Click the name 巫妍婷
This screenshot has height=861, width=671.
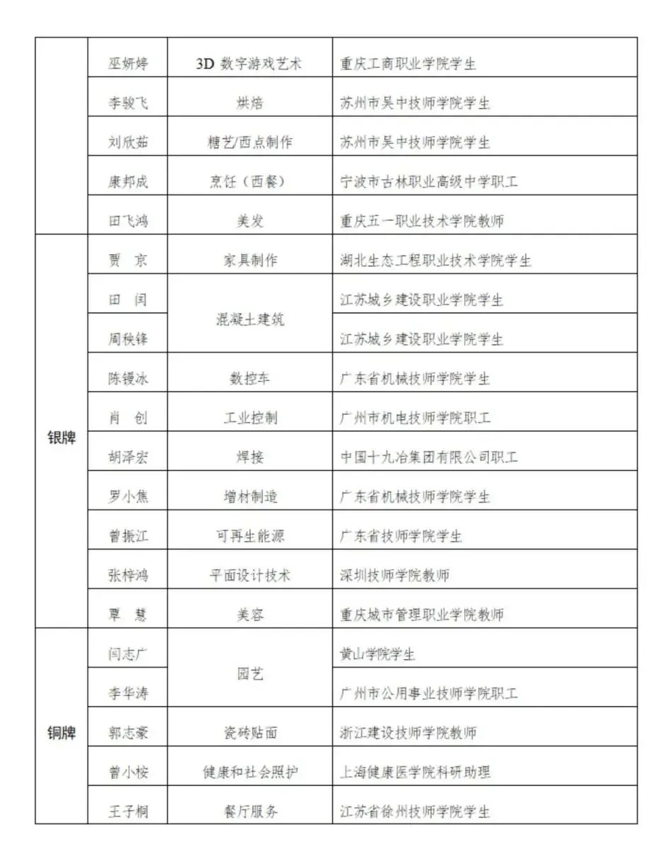point(128,64)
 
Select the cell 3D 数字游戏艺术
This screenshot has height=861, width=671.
point(249,64)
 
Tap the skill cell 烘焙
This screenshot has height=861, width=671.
point(249,103)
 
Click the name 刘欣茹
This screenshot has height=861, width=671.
point(128,142)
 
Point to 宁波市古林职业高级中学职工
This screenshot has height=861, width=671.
point(429,182)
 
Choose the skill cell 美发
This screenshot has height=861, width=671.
point(249,222)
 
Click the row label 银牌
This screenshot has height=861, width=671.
point(62,438)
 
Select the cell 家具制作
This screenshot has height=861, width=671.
point(249,261)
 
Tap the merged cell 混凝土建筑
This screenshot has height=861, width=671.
point(249,319)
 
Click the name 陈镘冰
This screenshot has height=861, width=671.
point(128,379)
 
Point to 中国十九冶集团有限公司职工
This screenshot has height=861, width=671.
point(429,457)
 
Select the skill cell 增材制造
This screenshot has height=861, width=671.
point(249,497)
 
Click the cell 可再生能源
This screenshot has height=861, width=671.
point(249,536)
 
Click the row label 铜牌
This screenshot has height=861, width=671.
point(62,733)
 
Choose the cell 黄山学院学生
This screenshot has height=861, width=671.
point(377,654)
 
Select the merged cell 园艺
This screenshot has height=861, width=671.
point(249,674)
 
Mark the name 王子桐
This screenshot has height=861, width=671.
point(128,811)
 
